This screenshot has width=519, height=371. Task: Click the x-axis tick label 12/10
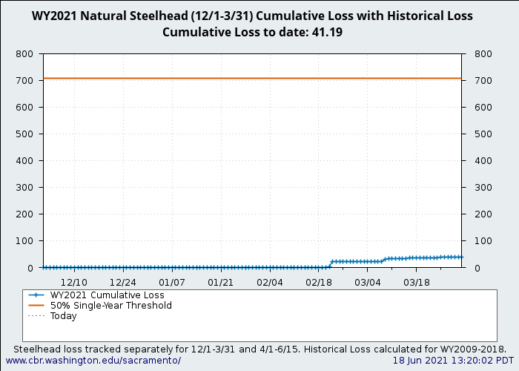pyautogui.click(x=74, y=283)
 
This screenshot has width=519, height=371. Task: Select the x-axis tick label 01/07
pyautogui.click(x=172, y=283)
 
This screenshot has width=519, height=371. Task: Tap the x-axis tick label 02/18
pyautogui.click(x=319, y=283)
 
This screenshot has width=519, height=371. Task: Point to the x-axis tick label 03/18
pyautogui.click(x=417, y=283)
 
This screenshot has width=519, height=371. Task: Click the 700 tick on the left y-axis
pyautogui.click(x=24, y=81)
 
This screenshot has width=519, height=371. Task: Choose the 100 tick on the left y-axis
pyautogui.click(x=24, y=241)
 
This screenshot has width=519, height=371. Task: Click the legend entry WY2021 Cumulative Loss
pyautogui.click(x=107, y=295)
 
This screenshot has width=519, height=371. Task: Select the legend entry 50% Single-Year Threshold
pyautogui.click(x=110, y=306)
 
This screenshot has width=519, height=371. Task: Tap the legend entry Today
pyautogui.click(x=63, y=316)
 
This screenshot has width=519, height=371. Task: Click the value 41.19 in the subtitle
pyautogui.click(x=327, y=33)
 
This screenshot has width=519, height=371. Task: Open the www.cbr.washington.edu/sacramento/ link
pyautogui.click(x=93, y=361)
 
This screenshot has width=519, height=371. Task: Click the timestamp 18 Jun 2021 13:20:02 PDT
pyautogui.click(x=453, y=361)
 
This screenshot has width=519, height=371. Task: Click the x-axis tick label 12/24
pyautogui.click(x=123, y=283)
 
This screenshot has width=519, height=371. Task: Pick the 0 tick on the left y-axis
pyautogui.click(x=30, y=268)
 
